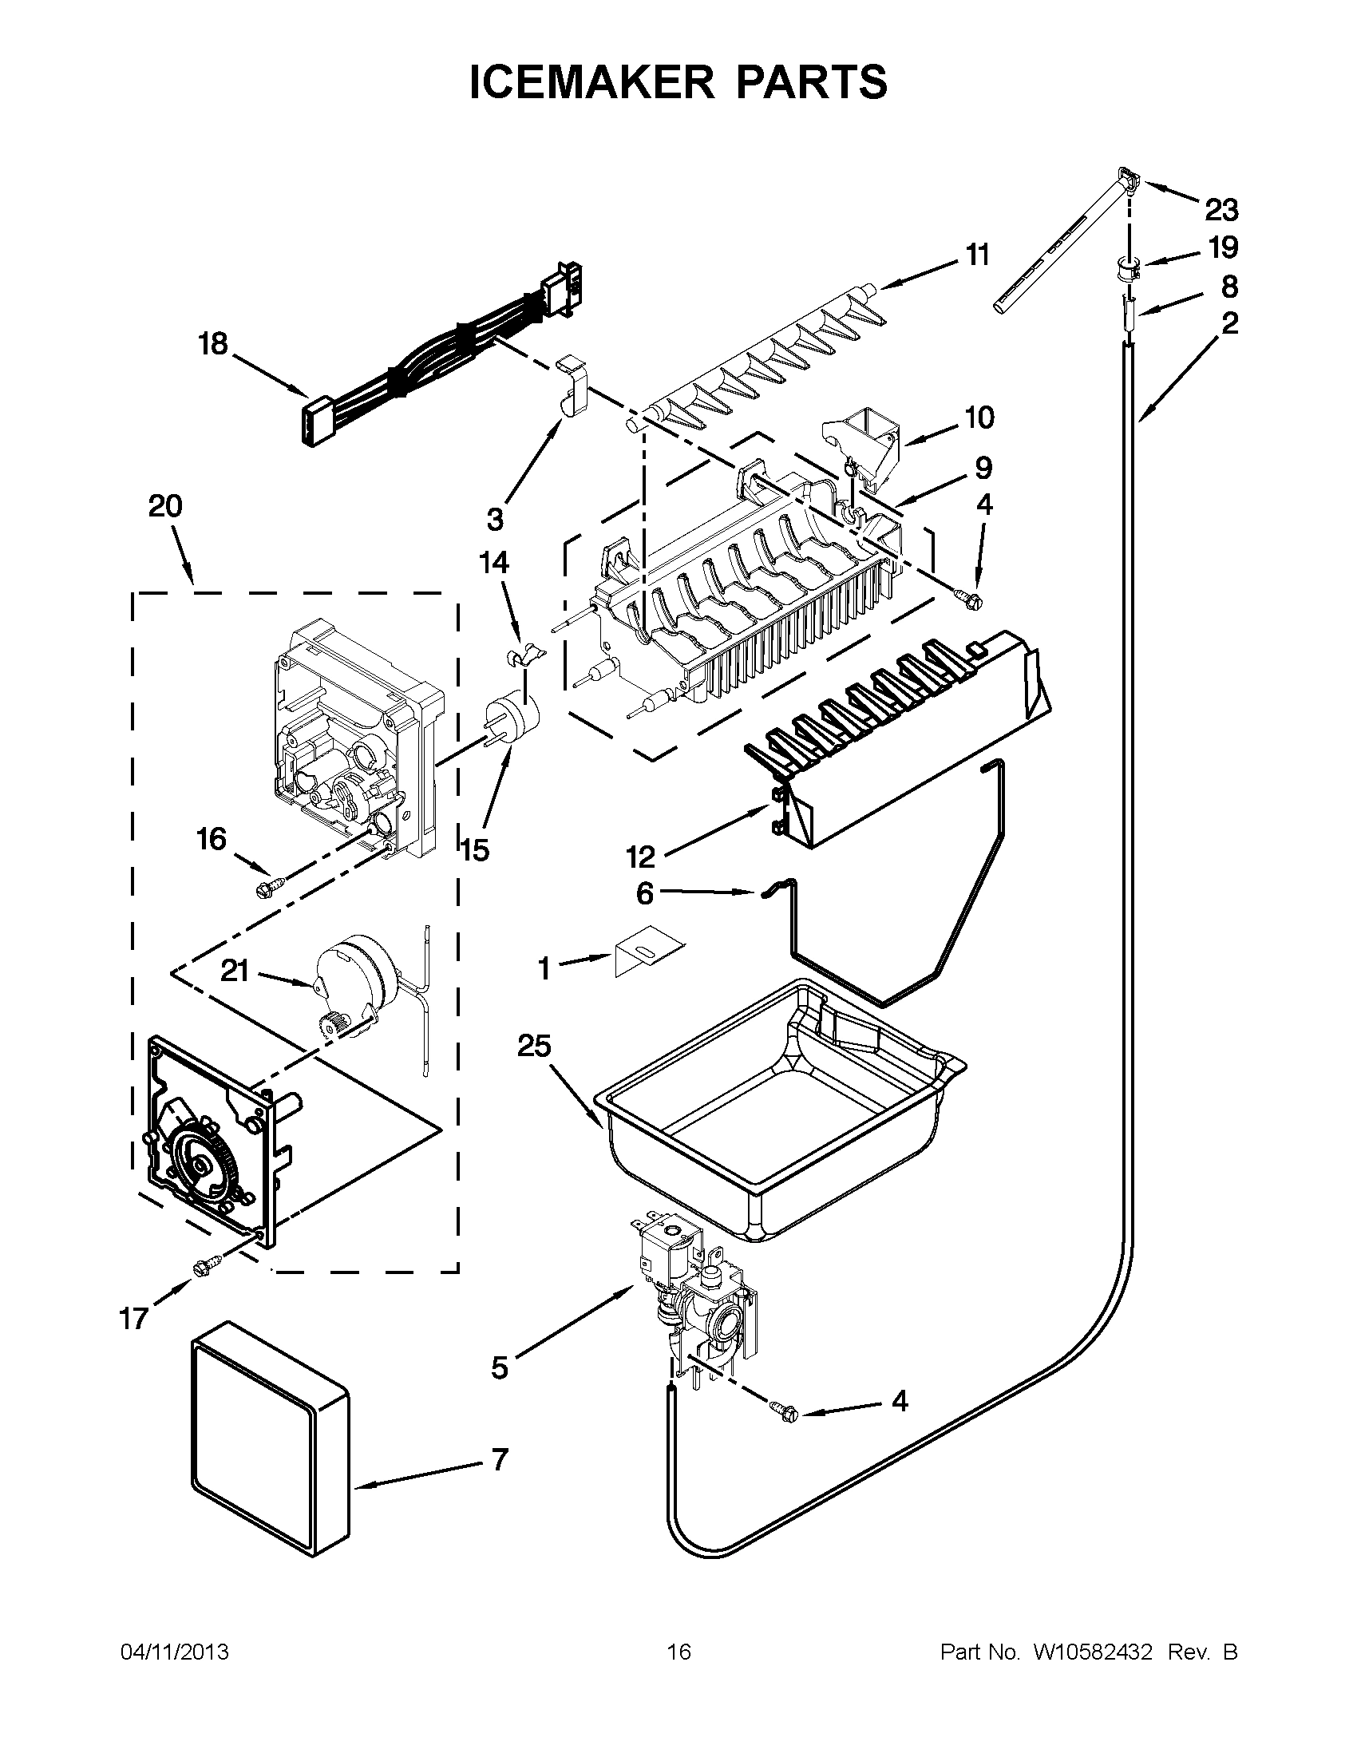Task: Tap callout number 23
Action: coord(1221,211)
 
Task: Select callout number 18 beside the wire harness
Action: coord(214,344)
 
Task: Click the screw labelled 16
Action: coord(266,889)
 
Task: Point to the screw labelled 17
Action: coord(200,1268)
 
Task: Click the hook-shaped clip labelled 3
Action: coord(571,386)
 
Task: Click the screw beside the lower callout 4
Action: coord(785,1411)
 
